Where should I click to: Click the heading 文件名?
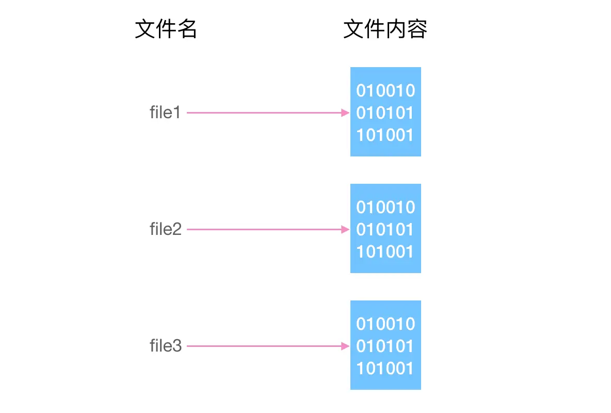[x=166, y=30]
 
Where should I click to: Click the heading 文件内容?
[x=385, y=30]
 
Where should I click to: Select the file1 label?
[x=165, y=113]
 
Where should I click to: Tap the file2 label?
[x=166, y=229]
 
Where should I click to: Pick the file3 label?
[x=166, y=346]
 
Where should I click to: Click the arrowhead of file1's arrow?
[x=346, y=113]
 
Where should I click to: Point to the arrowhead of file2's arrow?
[x=346, y=229]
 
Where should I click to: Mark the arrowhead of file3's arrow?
[x=346, y=346]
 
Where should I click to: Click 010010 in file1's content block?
[x=385, y=91]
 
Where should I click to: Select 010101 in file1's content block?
[x=385, y=113]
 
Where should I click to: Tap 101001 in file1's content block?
[x=385, y=135]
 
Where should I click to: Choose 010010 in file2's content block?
[x=385, y=208]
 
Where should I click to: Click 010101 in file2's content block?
[x=385, y=230]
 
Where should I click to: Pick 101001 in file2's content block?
[x=385, y=252]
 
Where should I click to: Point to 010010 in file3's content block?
[x=385, y=324]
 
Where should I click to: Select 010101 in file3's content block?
[x=385, y=346]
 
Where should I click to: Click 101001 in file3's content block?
[x=385, y=369]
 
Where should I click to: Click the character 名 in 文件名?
[x=187, y=30]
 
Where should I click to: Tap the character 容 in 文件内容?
[x=417, y=30]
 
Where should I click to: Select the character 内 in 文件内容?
[x=396, y=30]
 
